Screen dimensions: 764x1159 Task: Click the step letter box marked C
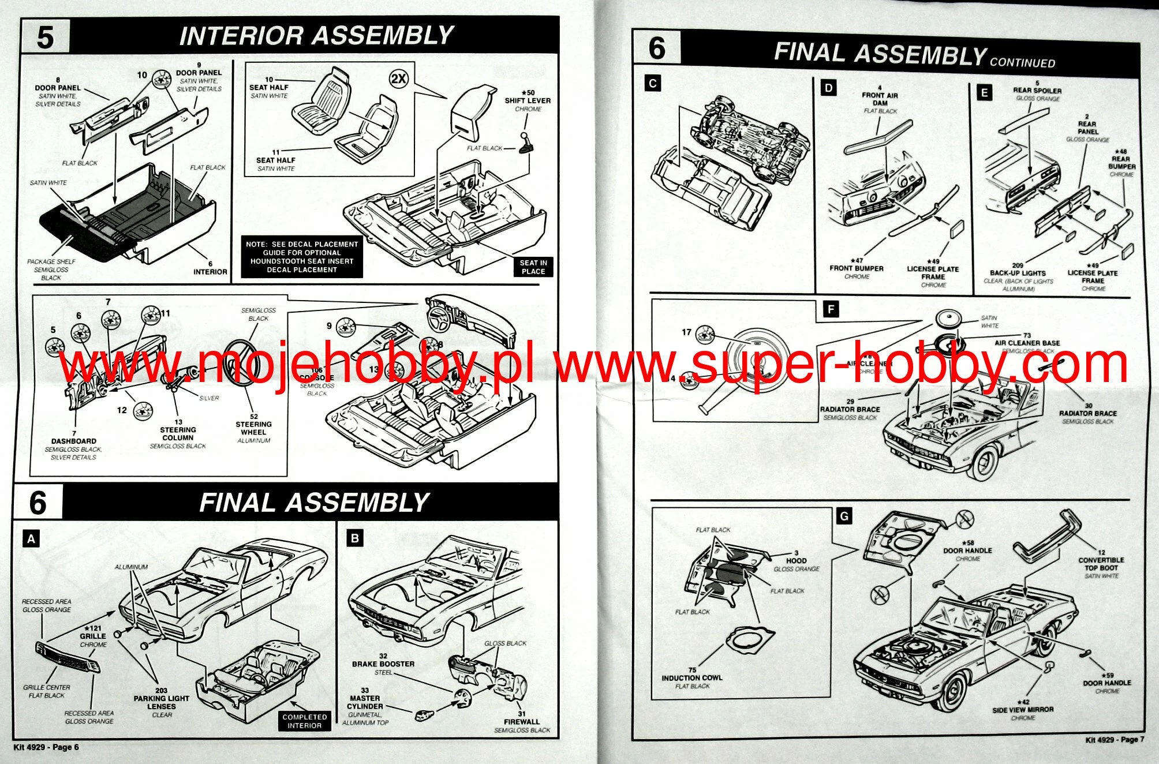click(x=653, y=84)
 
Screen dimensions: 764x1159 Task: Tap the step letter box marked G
click(x=844, y=516)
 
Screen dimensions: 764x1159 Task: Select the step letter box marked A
click(x=32, y=539)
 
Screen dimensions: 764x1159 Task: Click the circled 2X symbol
click(x=398, y=79)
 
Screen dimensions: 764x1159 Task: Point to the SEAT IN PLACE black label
click(x=533, y=267)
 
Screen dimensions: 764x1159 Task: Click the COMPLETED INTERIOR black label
click(x=304, y=721)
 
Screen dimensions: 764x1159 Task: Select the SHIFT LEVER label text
click(x=528, y=100)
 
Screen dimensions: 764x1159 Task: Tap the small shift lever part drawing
click(x=526, y=144)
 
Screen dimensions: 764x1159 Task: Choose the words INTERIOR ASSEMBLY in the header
click(x=316, y=36)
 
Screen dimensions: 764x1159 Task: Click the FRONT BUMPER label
click(x=857, y=268)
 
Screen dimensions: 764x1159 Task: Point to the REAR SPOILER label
click(x=1037, y=91)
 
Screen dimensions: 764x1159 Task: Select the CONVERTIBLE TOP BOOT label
click(x=1101, y=564)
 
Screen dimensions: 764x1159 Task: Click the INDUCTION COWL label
click(x=691, y=678)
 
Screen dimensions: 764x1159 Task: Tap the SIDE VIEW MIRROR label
click(x=1023, y=710)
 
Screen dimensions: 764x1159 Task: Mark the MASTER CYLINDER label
click(x=365, y=702)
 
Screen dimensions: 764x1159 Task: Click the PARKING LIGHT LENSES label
click(x=161, y=702)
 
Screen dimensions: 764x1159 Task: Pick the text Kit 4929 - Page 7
click(x=1115, y=739)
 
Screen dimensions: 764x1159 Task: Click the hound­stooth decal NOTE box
click(x=302, y=257)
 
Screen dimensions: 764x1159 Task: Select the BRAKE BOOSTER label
click(x=383, y=664)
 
